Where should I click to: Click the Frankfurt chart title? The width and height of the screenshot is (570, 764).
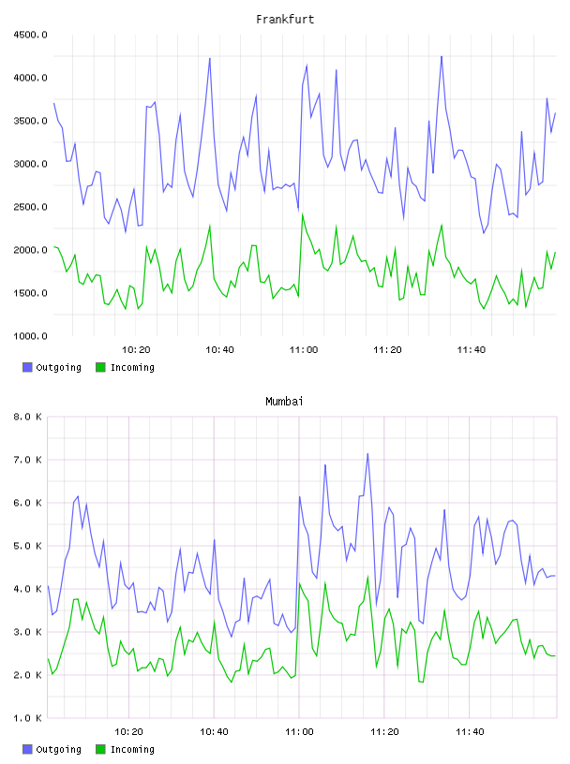(285, 20)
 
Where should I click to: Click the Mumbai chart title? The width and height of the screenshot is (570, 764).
(284, 402)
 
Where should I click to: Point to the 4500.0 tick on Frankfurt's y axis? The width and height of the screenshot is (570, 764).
(30, 35)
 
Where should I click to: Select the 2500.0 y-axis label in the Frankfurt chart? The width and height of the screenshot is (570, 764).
(30, 207)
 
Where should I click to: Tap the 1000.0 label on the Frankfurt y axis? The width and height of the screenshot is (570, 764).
(30, 336)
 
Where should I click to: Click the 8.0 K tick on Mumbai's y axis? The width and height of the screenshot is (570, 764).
(27, 417)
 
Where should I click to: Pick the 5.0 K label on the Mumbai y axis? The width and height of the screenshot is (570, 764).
(27, 546)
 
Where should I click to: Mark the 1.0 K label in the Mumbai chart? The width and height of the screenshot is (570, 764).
(27, 718)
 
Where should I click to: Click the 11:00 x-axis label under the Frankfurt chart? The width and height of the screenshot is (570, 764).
(304, 350)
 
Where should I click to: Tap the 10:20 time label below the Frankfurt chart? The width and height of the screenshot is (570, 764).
(136, 350)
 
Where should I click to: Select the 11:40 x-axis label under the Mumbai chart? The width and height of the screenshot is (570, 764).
(470, 732)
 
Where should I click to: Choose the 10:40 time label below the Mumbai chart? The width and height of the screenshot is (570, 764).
(215, 732)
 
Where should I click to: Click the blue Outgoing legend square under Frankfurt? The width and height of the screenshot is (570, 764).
(27, 367)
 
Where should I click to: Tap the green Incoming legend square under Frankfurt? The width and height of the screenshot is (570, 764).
(100, 367)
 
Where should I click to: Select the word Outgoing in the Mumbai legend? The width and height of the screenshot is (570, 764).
(58, 749)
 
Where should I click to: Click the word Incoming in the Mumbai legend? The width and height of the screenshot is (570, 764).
(132, 749)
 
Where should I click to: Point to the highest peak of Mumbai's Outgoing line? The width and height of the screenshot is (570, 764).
(367, 453)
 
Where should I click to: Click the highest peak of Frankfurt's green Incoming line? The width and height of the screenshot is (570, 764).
(303, 214)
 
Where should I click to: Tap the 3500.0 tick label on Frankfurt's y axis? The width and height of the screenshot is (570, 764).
(30, 121)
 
